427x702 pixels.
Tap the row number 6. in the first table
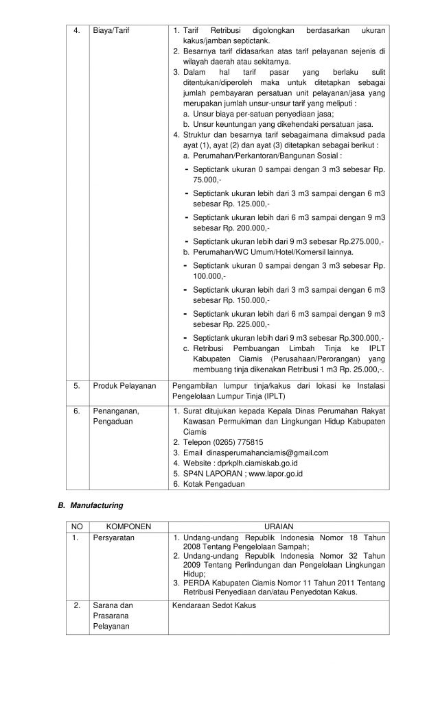click(x=78, y=411)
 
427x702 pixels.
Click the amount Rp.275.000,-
click(x=361, y=241)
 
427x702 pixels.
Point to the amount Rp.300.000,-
click(x=361, y=338)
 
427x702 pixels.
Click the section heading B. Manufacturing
click(x=89, y=505)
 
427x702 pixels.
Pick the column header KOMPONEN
click(x=128, y=526)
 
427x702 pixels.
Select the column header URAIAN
click(x=278, y=526)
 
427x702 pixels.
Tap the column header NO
click(x=78, y=526)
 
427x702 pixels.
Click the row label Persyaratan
click(x=114, y=538)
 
